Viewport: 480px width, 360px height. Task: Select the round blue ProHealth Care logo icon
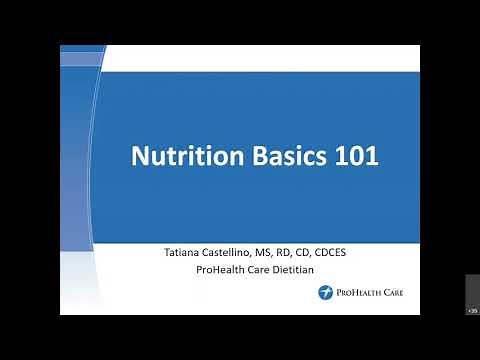point(325,293)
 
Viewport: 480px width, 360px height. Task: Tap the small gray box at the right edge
point(472,296)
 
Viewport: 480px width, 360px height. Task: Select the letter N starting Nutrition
point(141,157)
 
